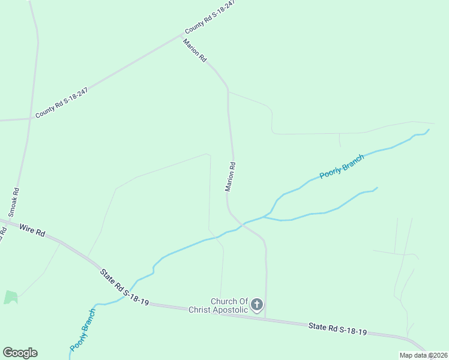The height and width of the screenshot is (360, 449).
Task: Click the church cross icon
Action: pos(257,305)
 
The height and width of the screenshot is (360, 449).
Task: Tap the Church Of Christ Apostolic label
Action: pos(218,305)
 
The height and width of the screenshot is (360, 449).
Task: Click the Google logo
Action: pos(20,353)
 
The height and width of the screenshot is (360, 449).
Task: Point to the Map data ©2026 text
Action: pos(423,355)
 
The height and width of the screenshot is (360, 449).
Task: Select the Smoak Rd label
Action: pos(14,202)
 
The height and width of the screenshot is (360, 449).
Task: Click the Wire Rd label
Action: pos(32,229)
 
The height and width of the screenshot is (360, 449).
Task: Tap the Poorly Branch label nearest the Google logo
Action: pos(82,329)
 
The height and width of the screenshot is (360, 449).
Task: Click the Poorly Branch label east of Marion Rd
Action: pos(342,167)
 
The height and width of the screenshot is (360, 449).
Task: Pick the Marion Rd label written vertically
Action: pos(230,176)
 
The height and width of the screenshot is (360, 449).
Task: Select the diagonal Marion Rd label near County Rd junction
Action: pos(195,51)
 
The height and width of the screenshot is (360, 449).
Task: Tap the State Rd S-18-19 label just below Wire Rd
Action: pos(124,287)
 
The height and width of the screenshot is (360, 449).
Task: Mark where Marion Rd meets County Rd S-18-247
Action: pos(181,35)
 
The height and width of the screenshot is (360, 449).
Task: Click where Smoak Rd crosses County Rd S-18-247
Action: pos(30,119)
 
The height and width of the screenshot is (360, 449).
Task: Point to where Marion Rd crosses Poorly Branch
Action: pos(242,225)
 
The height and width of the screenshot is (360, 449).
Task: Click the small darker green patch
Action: pos(11,297)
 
